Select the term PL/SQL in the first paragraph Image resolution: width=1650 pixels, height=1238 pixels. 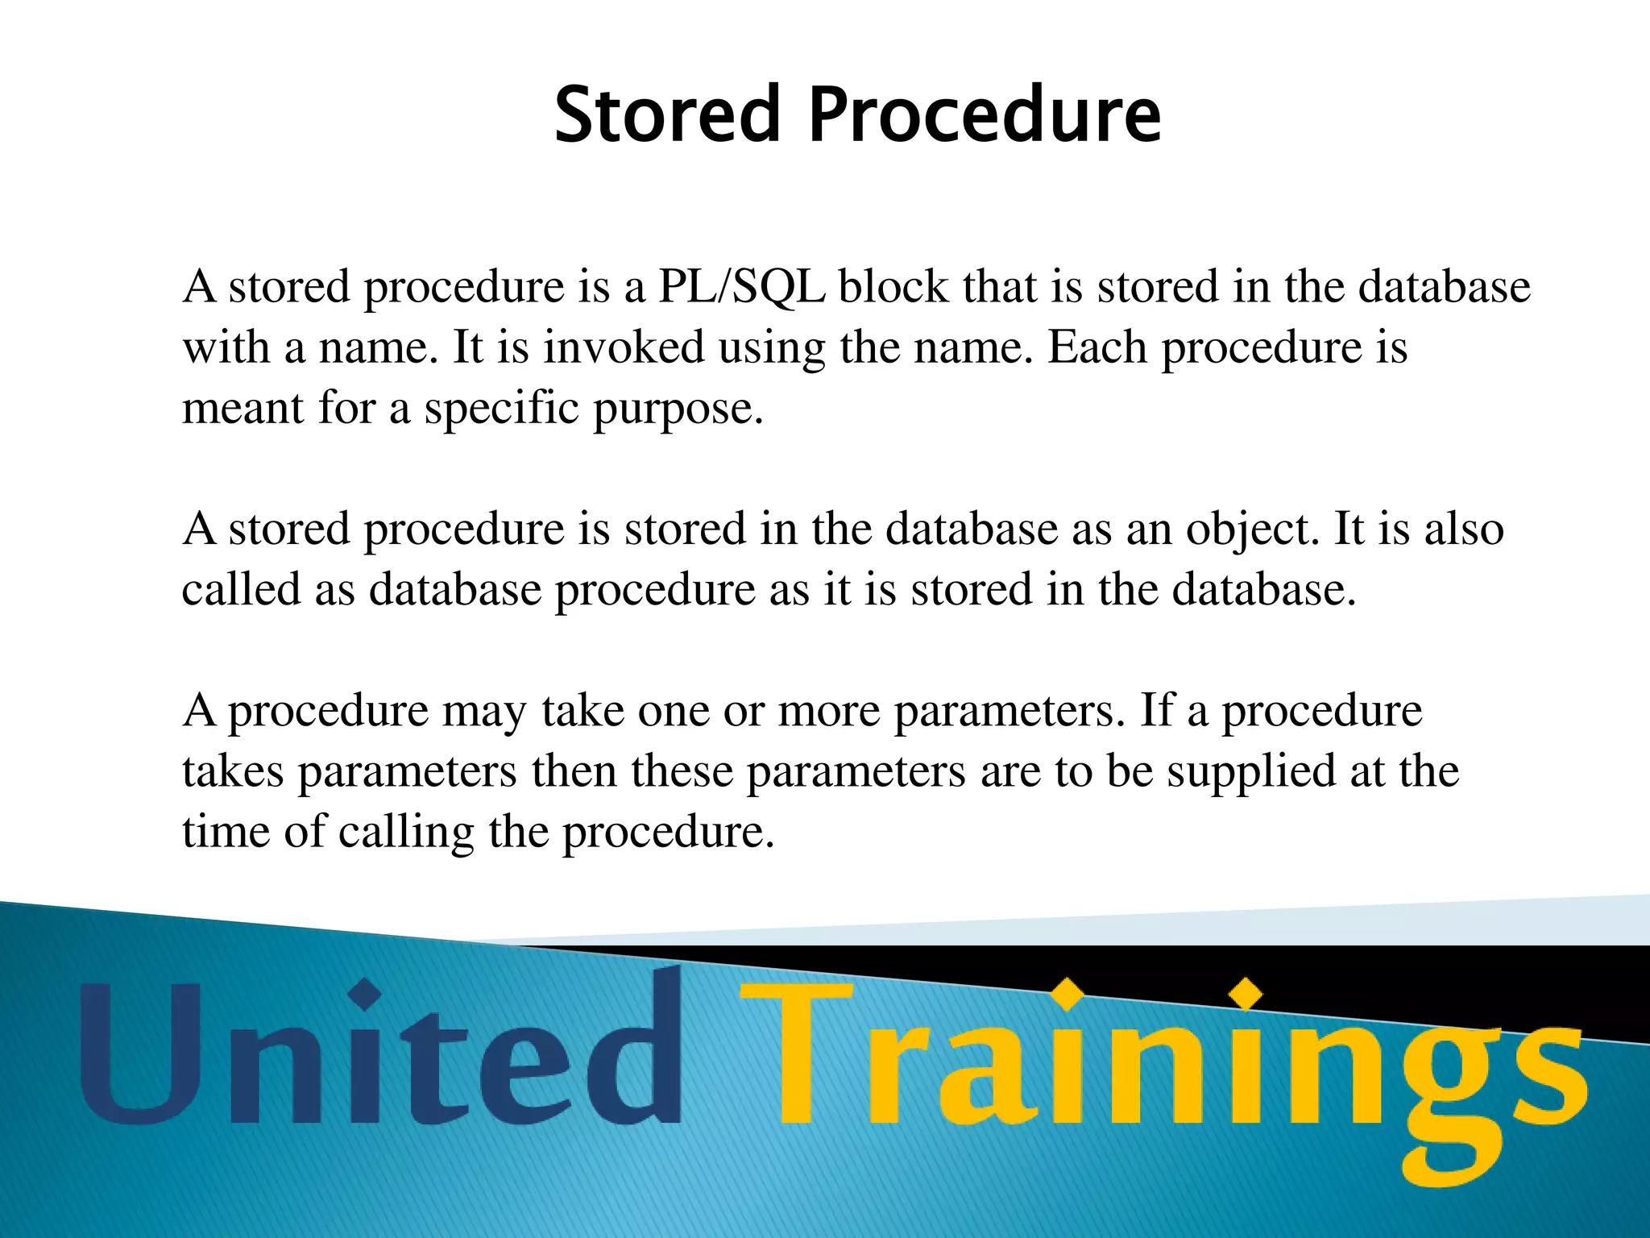(741, 287)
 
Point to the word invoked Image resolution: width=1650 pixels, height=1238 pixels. (624, 347)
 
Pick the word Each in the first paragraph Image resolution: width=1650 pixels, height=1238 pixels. (1097, 347)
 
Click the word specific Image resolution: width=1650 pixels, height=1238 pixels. (501, 408)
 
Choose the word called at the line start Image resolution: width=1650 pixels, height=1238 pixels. (241, 589)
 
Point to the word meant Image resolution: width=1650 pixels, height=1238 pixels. (243, 408)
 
